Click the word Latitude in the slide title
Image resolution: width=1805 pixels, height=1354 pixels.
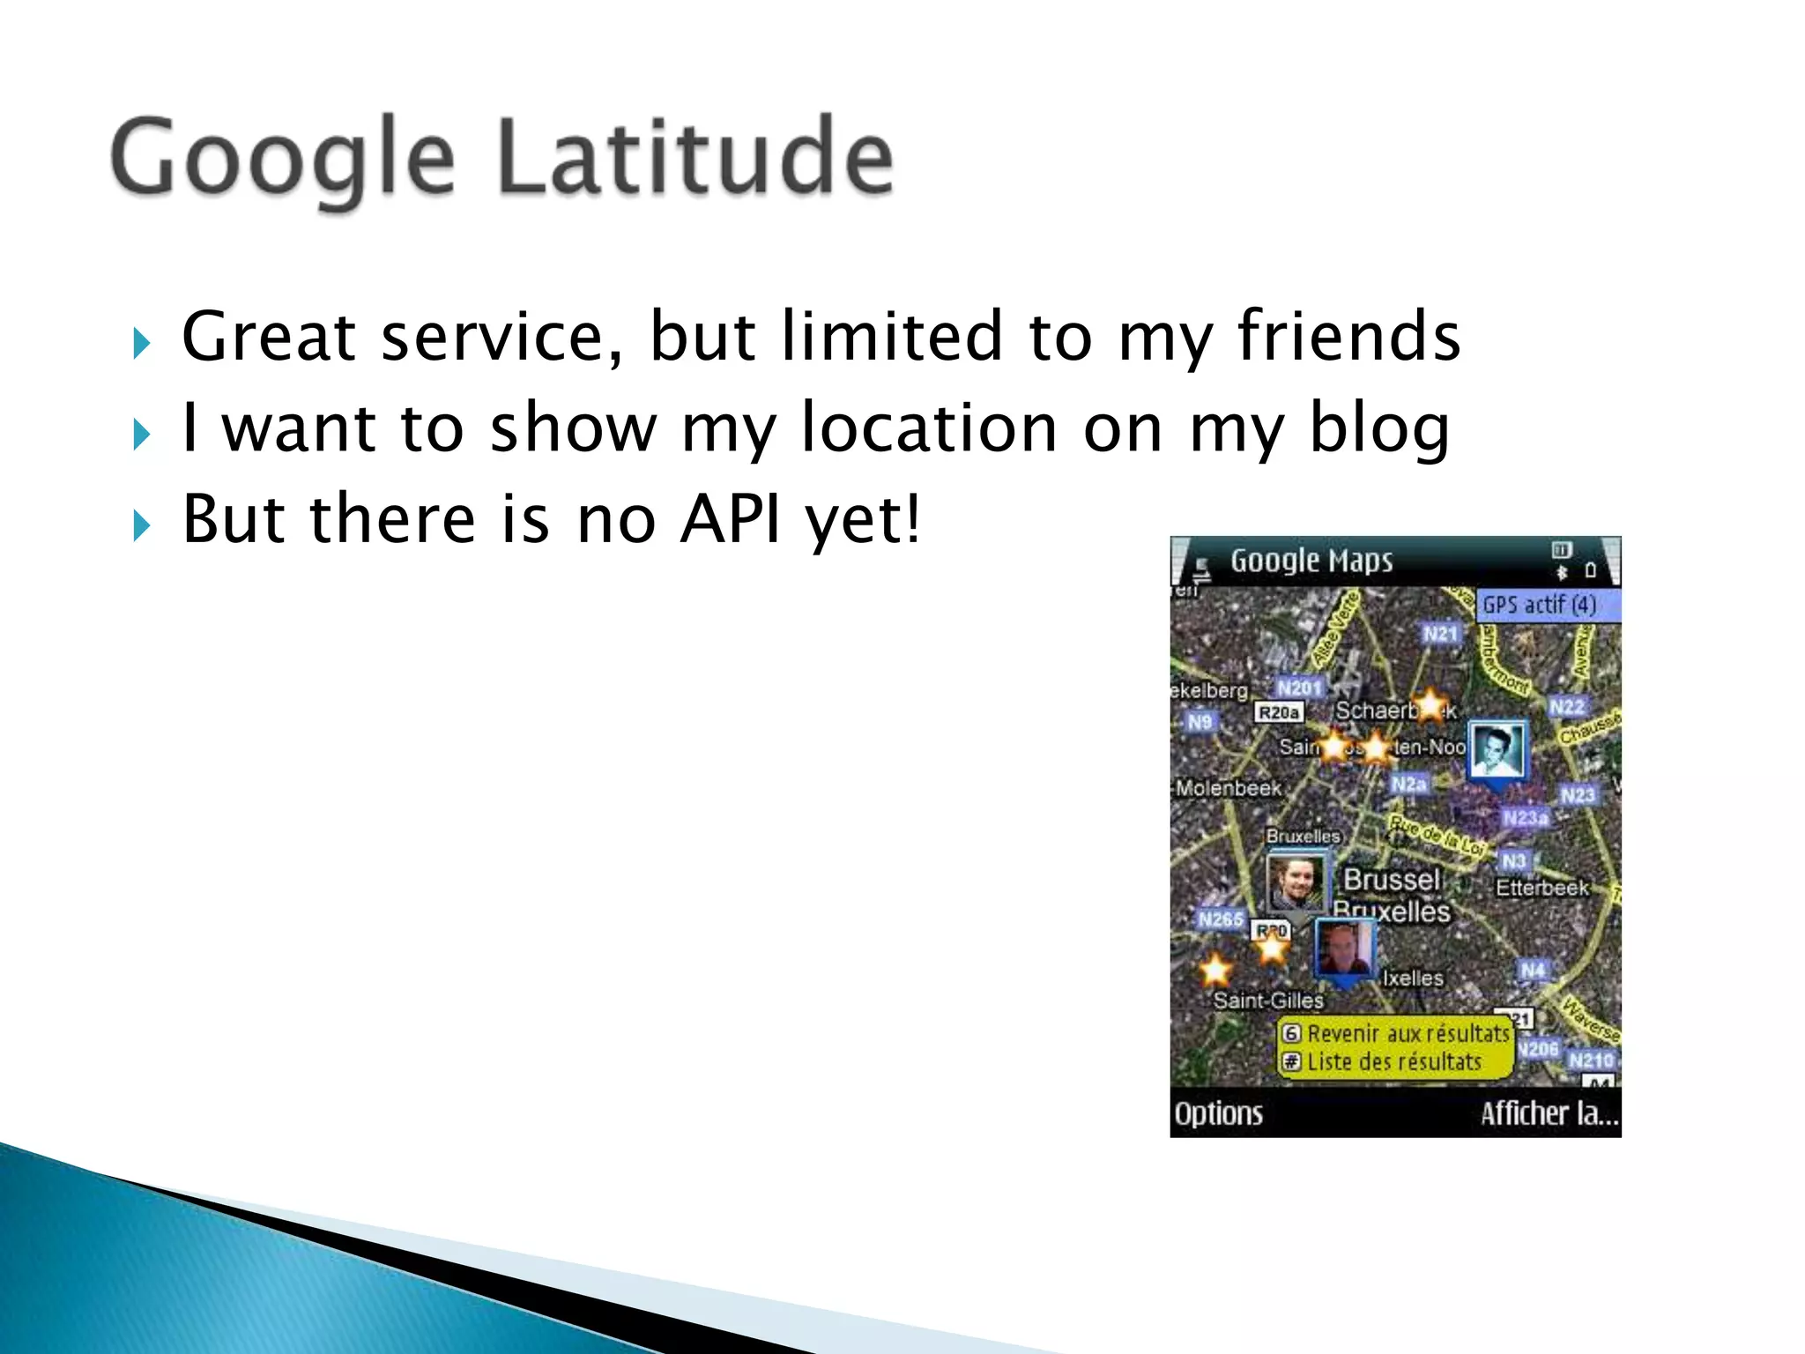tap(696, 159)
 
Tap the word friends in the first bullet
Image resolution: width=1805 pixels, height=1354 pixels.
tap(1348, 337)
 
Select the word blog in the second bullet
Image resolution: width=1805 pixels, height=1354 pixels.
tap(1379, 429)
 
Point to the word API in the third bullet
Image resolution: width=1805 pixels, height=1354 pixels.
tap(731, 519)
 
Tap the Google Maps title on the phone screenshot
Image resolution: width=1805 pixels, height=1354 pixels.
tap(1311, 561)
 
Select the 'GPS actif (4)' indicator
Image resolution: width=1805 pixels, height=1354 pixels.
tap(1539, 605)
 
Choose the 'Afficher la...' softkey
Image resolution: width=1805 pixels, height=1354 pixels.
tap(1549, 1113)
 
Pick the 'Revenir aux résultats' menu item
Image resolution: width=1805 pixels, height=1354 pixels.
tap(1407, 1033)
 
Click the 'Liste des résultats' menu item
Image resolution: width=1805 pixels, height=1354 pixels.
tap(1393, 1062)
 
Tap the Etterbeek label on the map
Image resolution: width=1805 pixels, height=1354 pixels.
tap(1541, 888)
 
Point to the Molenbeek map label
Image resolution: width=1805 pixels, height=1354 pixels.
tap(1229, 788)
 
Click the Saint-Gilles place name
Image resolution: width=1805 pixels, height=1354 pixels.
tap(1268, 1001)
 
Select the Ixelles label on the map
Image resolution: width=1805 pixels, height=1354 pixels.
tap(1413, 978)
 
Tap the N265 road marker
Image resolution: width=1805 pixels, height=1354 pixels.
tap(1221, 919)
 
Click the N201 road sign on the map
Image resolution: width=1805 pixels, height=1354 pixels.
tap(1300, 688)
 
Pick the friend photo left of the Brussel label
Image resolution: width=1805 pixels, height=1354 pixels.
tap(1296, 882)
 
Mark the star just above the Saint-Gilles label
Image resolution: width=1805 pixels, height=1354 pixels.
tap(1215, 970)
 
